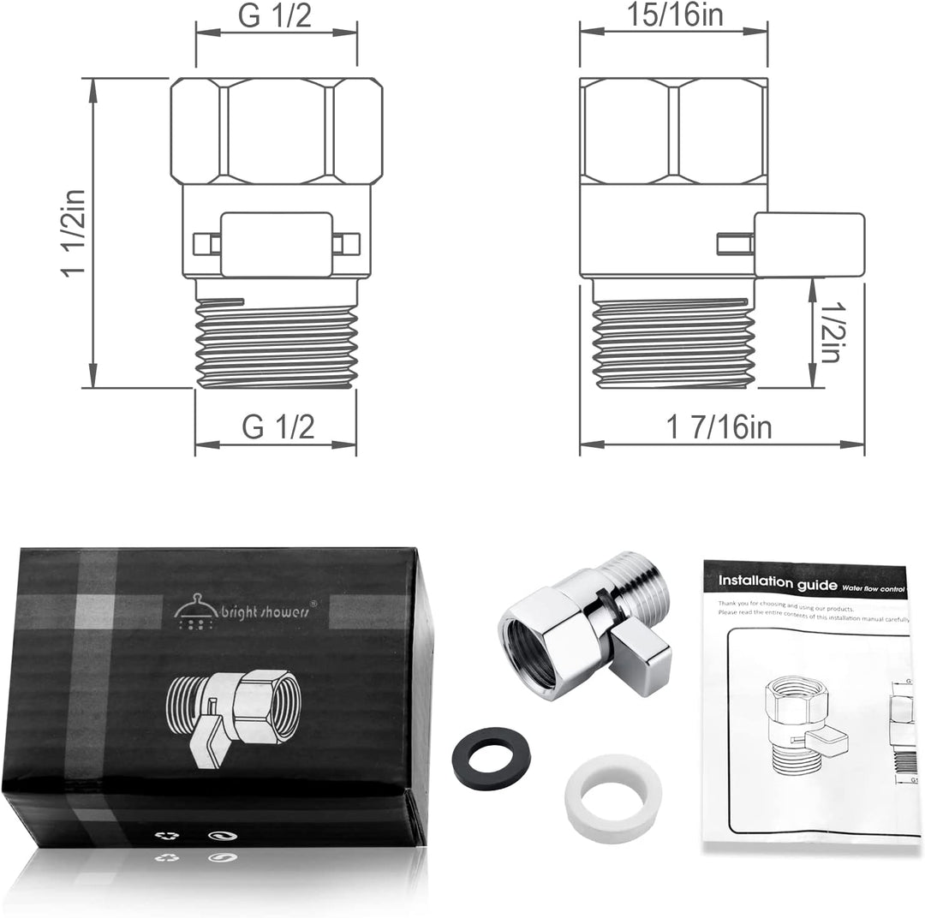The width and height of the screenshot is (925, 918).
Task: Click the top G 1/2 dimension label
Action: (x=276, y=18)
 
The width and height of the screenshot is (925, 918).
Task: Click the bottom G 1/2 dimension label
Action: (x=276, y=426)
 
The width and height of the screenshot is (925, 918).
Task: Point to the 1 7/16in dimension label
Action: (x=718, y=426)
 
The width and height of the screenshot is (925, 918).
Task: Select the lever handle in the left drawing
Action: (x=275, y=244)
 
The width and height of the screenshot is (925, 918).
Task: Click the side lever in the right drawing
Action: (x=809, y=245)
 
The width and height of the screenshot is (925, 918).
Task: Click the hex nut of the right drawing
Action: (x=672, y=130)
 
